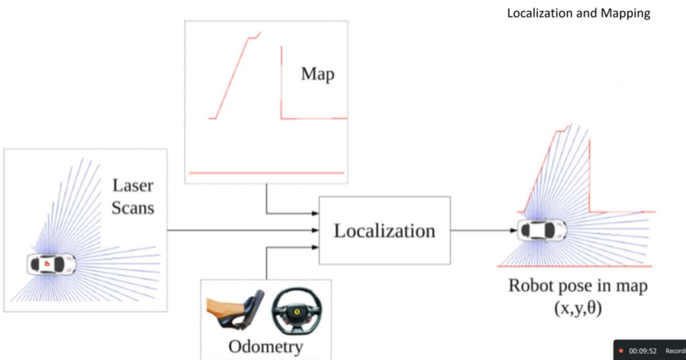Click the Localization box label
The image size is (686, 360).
[384, 231]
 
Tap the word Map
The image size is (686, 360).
[317, 74]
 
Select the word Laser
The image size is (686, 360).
[133, 186]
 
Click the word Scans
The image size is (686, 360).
[133, 208]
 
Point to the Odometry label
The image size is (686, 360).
[266, 347]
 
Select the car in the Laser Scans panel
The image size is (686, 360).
[51, 264]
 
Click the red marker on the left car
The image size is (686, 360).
[47, 263]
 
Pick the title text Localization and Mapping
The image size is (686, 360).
[579, 13]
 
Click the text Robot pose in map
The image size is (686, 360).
[578, 286]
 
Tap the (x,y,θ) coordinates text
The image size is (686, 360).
[578, 308]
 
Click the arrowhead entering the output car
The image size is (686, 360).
[513, 230]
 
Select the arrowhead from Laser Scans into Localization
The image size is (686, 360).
[315, 230]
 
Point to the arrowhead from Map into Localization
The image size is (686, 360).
[315, 213]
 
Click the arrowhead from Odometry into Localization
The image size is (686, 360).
[315, 248]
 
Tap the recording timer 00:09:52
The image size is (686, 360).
[643, 351]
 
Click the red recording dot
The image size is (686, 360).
[621, 351]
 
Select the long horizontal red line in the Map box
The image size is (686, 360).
[266, 173]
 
